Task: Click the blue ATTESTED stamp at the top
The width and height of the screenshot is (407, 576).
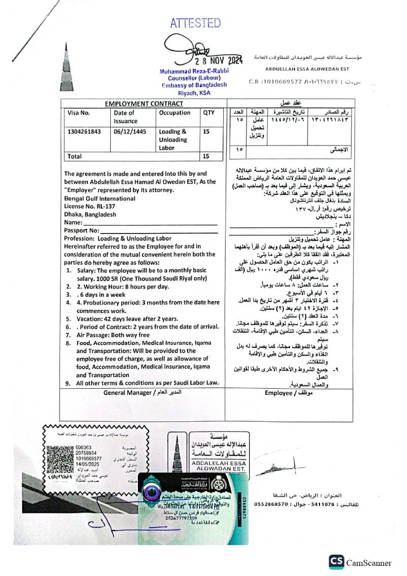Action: coord(195,23)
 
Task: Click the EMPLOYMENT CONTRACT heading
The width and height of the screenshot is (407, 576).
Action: coord(144,104)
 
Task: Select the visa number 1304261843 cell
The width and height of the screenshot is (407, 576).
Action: coord(84,131)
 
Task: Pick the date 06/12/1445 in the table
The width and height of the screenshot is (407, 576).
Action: coord(130,131)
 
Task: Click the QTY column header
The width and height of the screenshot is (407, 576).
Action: coord(209,113)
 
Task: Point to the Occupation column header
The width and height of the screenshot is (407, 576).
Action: coord(175,113)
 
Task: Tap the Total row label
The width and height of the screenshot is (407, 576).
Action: coord(75,156)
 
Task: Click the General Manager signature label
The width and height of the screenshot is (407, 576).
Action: coord(142,392)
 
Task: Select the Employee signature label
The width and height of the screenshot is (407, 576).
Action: coord(286,393)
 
